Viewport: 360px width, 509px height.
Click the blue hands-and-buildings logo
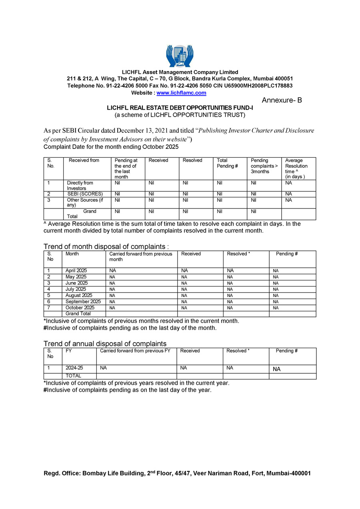[x=180, y=56]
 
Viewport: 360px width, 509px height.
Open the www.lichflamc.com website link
[x=181, y=93]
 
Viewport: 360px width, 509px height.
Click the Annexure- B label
[x=282, y=100]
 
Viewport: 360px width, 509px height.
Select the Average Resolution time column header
[x=296, y=168]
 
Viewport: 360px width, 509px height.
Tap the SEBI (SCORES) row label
[x=85, y=194]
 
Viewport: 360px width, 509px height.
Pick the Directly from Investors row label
[x=80, y=186]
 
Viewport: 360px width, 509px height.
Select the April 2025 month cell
[x=76, y=271]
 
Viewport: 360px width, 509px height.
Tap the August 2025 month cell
[x=79, y=296]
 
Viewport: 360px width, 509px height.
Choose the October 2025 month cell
[x=80, y=308]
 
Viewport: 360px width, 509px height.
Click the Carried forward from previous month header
[x=141, y=257]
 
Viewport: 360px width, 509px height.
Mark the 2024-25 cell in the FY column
[x=74, y=368]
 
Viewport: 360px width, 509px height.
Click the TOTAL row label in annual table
[x=74, y=376]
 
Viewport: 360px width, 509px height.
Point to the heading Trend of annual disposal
[x=105, y=344]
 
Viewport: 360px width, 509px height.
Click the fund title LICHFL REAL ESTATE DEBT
[x=180, y=108]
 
